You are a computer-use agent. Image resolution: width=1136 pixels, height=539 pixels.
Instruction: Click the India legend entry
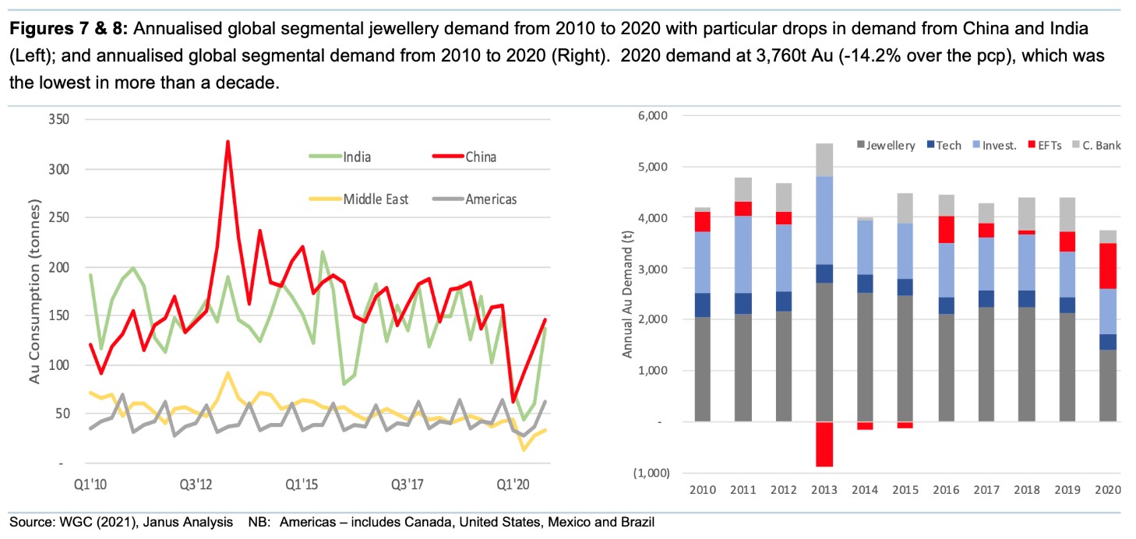(356, 157)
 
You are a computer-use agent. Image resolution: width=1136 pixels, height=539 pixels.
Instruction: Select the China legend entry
(481, 157)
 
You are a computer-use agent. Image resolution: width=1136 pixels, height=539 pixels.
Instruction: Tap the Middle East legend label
(376, 199)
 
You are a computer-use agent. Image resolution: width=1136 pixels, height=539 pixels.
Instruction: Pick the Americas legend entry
(491, 199)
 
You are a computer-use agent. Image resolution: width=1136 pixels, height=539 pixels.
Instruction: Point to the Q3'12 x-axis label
(195, 484)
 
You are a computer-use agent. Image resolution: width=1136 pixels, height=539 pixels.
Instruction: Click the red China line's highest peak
(228, 142)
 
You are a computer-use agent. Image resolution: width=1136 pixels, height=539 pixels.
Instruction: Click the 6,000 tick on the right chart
(653, 116)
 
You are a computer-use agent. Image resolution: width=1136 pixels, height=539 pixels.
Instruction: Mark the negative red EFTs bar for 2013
(824, 444)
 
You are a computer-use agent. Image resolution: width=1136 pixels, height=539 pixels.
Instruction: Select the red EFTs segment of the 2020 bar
(1107, 266)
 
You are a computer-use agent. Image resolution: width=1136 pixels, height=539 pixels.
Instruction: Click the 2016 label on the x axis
(946, 489)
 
